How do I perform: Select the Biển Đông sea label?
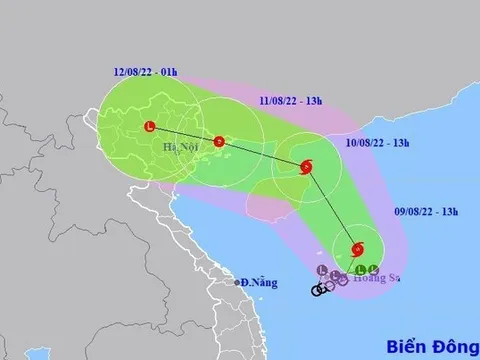[433, 340]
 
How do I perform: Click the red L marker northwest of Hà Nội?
[149, 126]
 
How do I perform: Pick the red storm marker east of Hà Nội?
[218, 141]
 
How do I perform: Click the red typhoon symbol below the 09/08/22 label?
[357, 249]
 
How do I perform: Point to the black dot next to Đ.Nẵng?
[240, 283]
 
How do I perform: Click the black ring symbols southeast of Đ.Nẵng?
[321, 290]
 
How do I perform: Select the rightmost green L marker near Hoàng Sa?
[372, 268]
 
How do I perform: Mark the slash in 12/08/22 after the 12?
[126, 71]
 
